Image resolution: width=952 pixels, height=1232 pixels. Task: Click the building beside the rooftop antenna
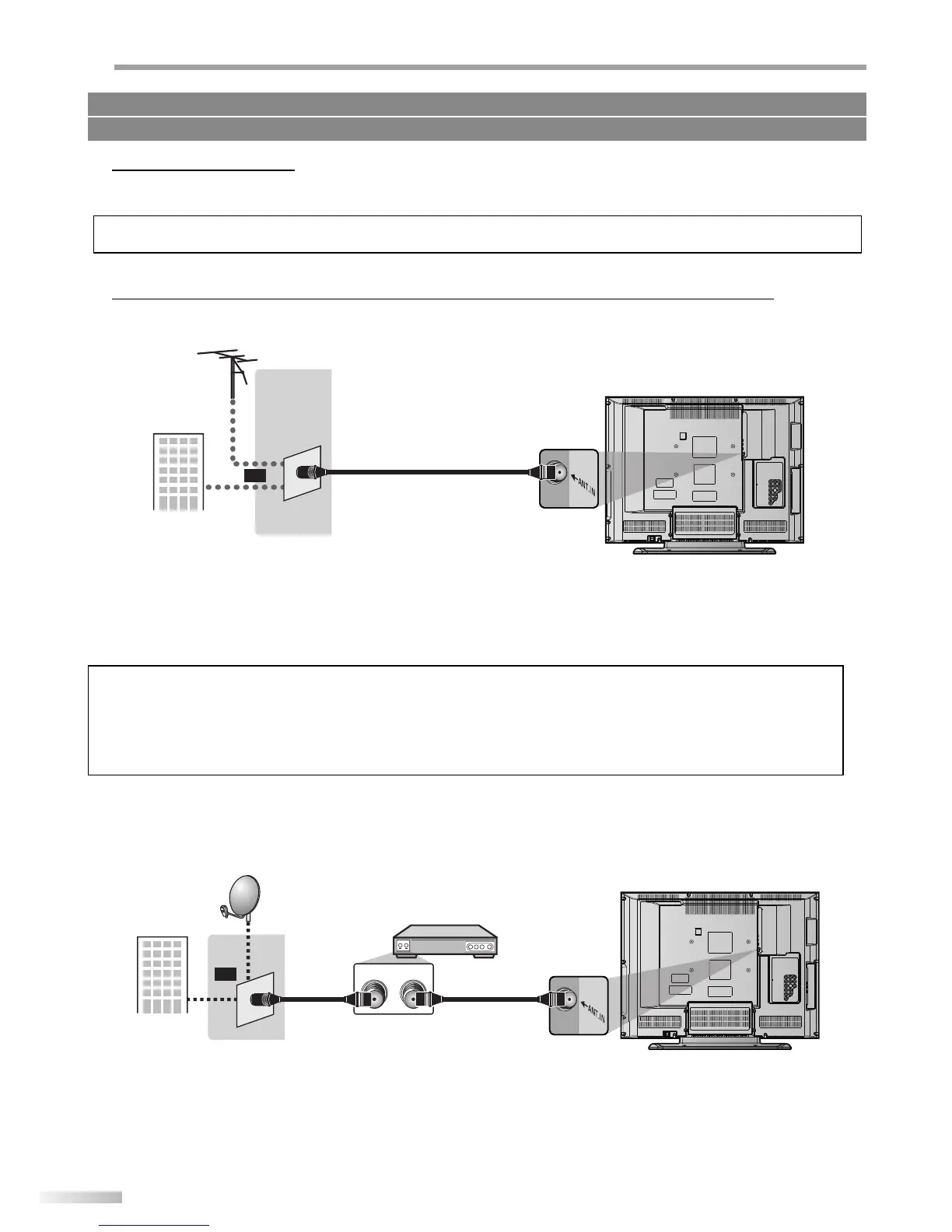coord(178,471)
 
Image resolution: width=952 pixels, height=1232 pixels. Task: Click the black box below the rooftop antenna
coord(254,474)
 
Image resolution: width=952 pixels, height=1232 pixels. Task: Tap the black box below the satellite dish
coord(225,973)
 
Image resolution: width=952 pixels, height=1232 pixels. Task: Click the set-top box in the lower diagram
coord(445,941)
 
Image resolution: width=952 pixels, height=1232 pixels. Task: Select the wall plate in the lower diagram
coord(255,999)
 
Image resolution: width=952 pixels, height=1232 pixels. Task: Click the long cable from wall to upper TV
coord(428,471)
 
